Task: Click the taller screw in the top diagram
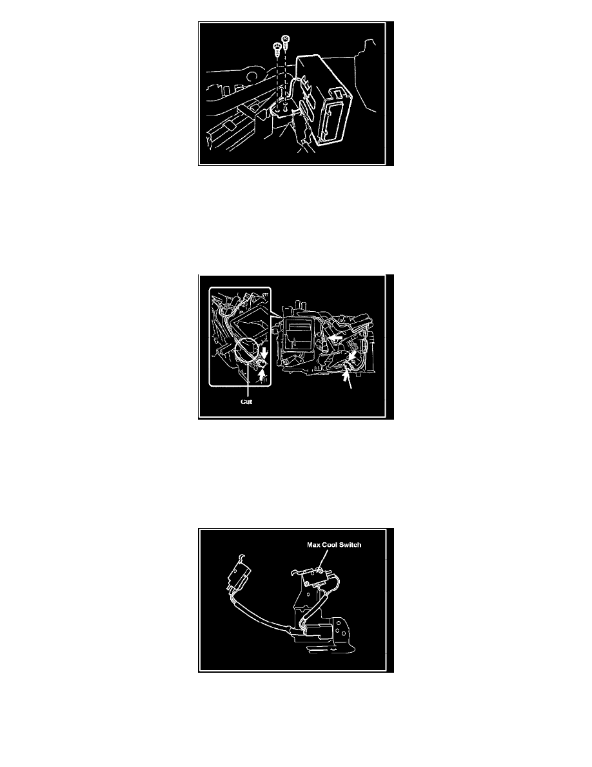pos(285,41)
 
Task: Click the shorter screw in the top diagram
pos(277,48)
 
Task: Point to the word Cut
pos(246,402)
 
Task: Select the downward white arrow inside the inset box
pos(264,353)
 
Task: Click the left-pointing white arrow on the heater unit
pos(334,338)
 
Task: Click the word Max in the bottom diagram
pos(313,545)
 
